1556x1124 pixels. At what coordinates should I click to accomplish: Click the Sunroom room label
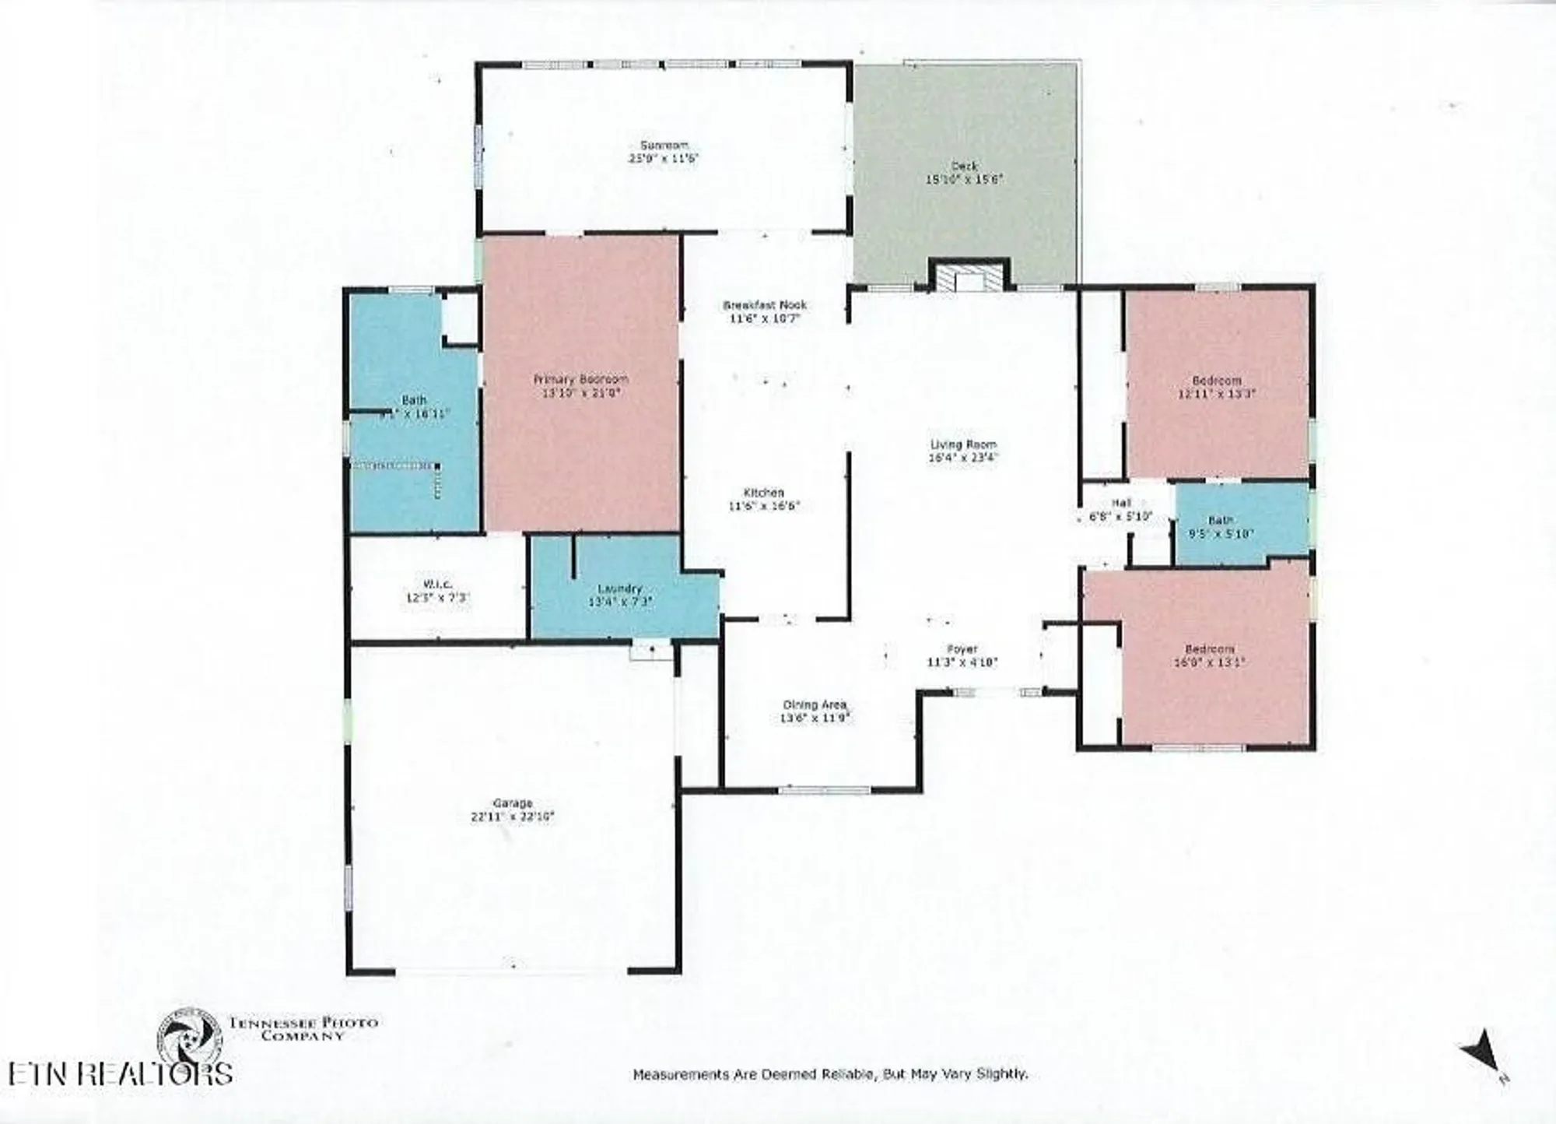pos(664,145)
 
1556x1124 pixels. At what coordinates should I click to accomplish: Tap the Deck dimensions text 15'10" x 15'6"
pos(963,179)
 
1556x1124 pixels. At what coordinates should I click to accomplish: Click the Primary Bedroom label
pos(580,379)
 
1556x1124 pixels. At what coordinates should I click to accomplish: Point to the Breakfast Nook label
pos(765,305)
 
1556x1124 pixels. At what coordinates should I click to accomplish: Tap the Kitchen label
pos(763,493)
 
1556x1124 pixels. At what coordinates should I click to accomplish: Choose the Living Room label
pos(962,444)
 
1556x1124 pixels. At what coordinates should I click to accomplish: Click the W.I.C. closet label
pos(438,585)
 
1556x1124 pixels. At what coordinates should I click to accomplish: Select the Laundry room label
pos(619,588)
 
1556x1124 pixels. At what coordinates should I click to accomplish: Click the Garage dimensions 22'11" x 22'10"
pos(512,817)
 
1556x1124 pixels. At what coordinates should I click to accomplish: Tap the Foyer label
pos(962,649)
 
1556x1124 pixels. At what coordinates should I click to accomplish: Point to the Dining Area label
pos(814,704)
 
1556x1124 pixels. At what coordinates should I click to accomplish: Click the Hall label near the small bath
pos(1120,503)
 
